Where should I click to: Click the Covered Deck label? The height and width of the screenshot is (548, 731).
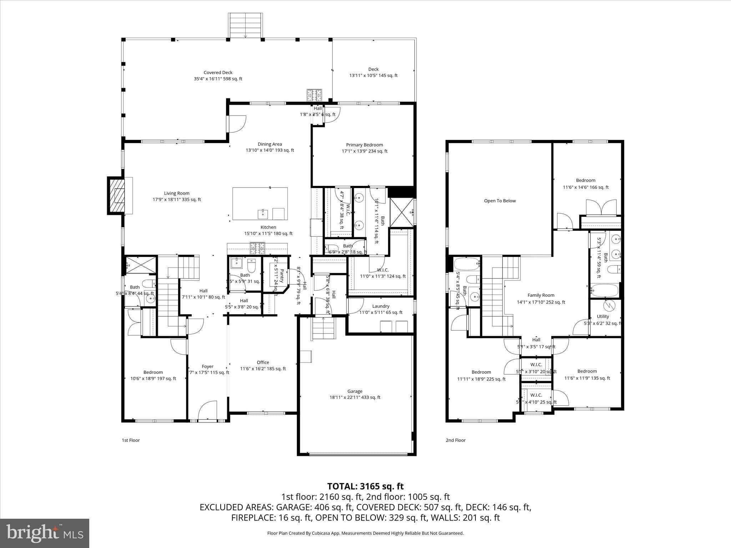[218, 72]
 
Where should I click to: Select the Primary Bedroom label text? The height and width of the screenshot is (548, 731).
[364, 145]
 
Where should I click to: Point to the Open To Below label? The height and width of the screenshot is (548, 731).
[500, 201]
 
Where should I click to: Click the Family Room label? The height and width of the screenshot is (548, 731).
[541, 295]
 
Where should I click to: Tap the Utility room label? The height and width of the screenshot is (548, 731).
[603, 316]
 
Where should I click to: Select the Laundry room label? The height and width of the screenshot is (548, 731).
[380, 306]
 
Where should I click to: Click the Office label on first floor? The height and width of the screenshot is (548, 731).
[263, 362]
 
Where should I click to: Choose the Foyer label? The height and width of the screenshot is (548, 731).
[207, 366]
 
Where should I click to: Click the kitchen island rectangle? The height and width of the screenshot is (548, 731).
[260, 203]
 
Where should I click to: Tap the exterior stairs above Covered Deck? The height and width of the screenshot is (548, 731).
[245, 25]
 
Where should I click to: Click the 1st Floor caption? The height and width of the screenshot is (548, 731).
[131, 440]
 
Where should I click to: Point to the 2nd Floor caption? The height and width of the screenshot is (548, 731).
[455, 440]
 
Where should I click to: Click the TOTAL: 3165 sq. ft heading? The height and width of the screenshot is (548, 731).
[365, 486]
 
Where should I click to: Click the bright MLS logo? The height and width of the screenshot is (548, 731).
[45, 533]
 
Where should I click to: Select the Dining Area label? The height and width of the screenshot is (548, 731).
[269, 144]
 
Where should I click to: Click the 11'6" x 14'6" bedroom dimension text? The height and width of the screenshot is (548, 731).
[585, 187]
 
